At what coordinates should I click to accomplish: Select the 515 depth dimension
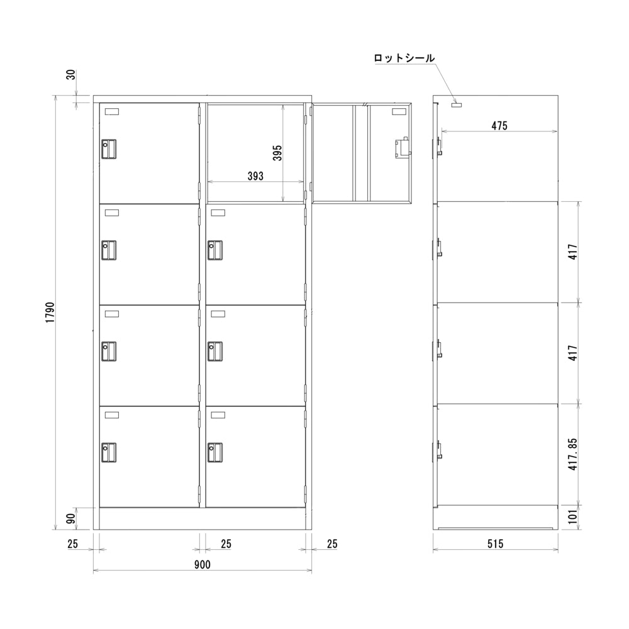[495, 543]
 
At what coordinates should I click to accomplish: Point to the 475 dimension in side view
[499, 125]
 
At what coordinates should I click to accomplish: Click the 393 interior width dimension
[255, 177]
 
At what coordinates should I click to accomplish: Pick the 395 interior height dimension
[277, 153]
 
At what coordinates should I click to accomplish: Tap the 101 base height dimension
[572, 517]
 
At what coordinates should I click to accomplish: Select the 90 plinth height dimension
[71, 519]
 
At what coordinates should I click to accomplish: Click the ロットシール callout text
[404, 58]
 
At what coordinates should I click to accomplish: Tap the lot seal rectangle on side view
[457, 105]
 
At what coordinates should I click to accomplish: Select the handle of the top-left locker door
[109, 149]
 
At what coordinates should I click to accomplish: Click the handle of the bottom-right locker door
[216, 452]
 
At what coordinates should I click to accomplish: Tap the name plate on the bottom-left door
[112, 415]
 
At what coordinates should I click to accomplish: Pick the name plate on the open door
[399, 112]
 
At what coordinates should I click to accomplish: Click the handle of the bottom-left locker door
[109, 452]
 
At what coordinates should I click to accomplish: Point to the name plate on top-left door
[112, 111]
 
